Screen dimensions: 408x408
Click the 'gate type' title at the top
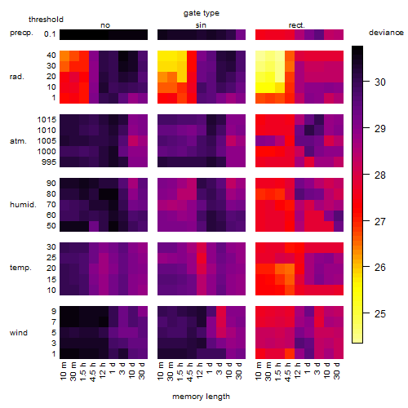202,13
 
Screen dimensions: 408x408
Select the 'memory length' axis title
201,397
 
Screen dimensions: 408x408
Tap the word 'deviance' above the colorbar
386,33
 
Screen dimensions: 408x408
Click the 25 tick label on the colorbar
380,314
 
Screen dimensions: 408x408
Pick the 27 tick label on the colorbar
380,222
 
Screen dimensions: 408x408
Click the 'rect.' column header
296,25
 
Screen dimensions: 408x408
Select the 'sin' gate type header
201,25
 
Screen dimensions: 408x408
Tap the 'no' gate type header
105,25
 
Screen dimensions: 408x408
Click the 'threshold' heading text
46,20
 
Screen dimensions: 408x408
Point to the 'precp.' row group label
21,33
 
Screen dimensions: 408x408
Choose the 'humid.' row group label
23,205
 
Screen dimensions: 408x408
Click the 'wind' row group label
19,333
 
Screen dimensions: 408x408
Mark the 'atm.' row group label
18,141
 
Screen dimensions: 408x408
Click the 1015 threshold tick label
47,120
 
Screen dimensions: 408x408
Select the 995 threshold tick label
49,162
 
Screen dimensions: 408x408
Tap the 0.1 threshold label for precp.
50,34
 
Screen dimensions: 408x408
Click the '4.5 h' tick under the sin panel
190,372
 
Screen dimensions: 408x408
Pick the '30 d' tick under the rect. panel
337,371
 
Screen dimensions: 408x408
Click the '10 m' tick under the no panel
63,371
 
